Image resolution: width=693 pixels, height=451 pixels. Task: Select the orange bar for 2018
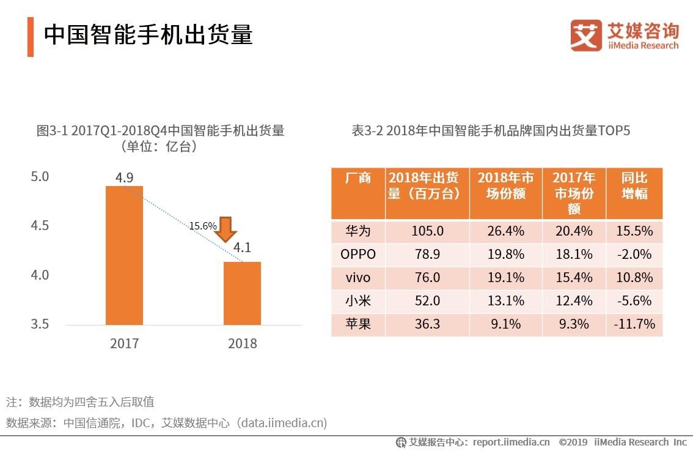pos(243,293)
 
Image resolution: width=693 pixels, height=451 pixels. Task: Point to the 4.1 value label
pos(242,248)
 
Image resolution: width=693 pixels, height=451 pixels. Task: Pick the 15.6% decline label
pos(203,226)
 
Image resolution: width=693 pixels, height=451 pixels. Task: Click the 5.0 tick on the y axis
pos(40,177)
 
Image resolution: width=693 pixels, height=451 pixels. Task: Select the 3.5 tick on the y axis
pos(40,324)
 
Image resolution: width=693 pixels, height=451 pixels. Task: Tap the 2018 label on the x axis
pos(243,343)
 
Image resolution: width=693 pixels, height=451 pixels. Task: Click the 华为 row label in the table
pos(358,231)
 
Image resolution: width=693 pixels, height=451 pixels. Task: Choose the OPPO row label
pos(358,254)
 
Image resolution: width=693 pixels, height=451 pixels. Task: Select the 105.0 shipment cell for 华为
pos(427,231)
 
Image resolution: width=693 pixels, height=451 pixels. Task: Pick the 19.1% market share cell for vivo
pos(505,277)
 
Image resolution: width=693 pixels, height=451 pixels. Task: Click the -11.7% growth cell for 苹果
pos(634,324)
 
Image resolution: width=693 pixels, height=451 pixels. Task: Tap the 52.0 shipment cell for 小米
pos(427,300)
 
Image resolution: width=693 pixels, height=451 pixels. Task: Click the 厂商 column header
pos(358,179)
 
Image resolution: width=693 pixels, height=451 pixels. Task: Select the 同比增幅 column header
pos(634,185)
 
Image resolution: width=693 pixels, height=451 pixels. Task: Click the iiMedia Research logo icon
pos(586,35)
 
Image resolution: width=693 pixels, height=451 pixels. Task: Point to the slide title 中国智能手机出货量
pos(148,34)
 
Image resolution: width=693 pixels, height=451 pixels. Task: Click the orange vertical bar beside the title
pos(31,37)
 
